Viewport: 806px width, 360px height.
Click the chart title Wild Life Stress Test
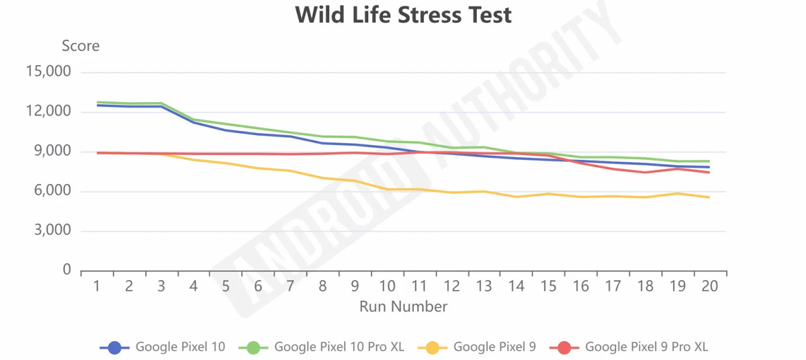pos(404,15)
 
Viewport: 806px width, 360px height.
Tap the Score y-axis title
pos(81,46)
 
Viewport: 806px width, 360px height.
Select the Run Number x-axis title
pos(404,307)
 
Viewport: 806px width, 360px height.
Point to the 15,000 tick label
pos(48,71)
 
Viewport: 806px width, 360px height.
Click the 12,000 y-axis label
pos(48,111)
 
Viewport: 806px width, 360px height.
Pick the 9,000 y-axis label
pos(52,150)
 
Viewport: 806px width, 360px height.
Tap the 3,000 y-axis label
pos(52,230)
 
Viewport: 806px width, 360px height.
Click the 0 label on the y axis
pos(67,269)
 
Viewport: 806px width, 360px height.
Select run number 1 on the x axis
pos(97,286)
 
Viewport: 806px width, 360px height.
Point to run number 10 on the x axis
pos(387,286)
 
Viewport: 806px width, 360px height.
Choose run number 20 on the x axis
pos(710,286)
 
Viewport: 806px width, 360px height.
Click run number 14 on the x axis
pos(517,286)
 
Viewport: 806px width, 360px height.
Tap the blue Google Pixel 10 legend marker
pos(115,347)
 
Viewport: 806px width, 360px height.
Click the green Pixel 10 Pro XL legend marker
pos(254,347)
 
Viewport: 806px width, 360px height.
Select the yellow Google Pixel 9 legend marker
pos(433,347)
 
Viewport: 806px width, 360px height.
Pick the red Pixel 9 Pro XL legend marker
pos(565,347)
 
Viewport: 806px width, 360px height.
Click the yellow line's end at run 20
pos(709,197)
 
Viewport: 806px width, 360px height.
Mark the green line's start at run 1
pos(97,102)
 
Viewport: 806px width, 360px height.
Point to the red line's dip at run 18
pos(645,172)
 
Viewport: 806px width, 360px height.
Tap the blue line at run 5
pos(226,130)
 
